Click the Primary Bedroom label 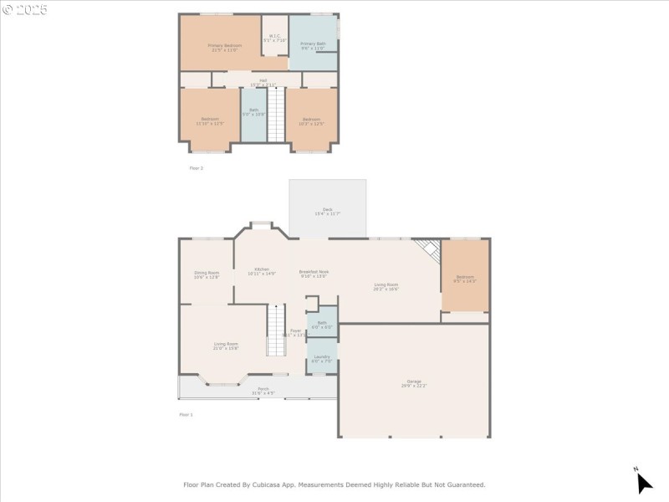point(224,47)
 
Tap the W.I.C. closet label point(274,38)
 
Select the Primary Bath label point(313,45)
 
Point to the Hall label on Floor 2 point(263,82)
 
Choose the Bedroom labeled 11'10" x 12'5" point(209,121)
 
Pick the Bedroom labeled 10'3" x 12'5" point(311,121)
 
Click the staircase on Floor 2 point(277,117)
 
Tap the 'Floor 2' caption point(197,168)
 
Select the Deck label point(327,212)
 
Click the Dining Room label point(207,274)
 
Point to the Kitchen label point(261,271)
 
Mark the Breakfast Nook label point(314,274)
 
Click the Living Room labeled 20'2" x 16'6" point(386,287)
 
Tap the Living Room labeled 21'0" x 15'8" point(226,346)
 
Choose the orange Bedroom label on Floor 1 point(464,279)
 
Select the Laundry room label point(321,359)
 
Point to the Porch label point(263,391)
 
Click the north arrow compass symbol point(643,482)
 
